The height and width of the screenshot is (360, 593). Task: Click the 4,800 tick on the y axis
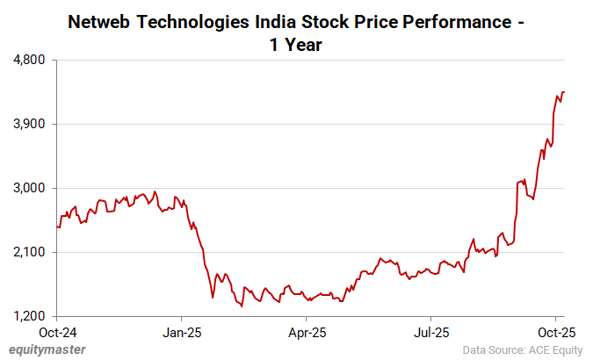[33, 61]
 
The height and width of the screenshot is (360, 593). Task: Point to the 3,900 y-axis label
[33, 125]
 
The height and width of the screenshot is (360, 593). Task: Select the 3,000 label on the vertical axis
[33, 189]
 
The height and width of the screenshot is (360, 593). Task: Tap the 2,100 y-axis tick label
[33, 253]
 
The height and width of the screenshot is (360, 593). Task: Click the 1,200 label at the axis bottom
[33, 316]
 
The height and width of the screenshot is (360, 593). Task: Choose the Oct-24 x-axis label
[57, 333]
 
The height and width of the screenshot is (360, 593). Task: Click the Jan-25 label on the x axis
[182, 333]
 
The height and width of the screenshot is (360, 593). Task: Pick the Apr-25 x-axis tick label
[307, 333]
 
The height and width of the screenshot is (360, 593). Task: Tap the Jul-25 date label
[431, 333]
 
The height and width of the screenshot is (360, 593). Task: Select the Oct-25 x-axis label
[555, 333]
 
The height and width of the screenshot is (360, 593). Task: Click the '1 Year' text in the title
[296, 44]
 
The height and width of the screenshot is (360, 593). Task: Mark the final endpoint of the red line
[564, 92]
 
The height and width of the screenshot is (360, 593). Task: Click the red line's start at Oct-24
[57, 227]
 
